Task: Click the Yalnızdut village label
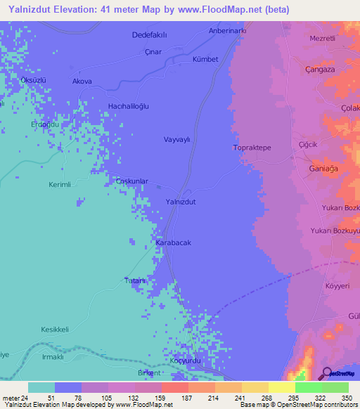point(179,201)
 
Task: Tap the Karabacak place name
point(173,242)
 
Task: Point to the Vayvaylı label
point(177,139)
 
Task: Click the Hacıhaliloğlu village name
point(128,105)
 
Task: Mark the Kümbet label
point(207,60)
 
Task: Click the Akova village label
point(82,82)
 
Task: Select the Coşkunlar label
point(131,181)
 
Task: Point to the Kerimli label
point(60,183)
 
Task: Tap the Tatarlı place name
point(134,281)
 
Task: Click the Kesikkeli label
point(55,330)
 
